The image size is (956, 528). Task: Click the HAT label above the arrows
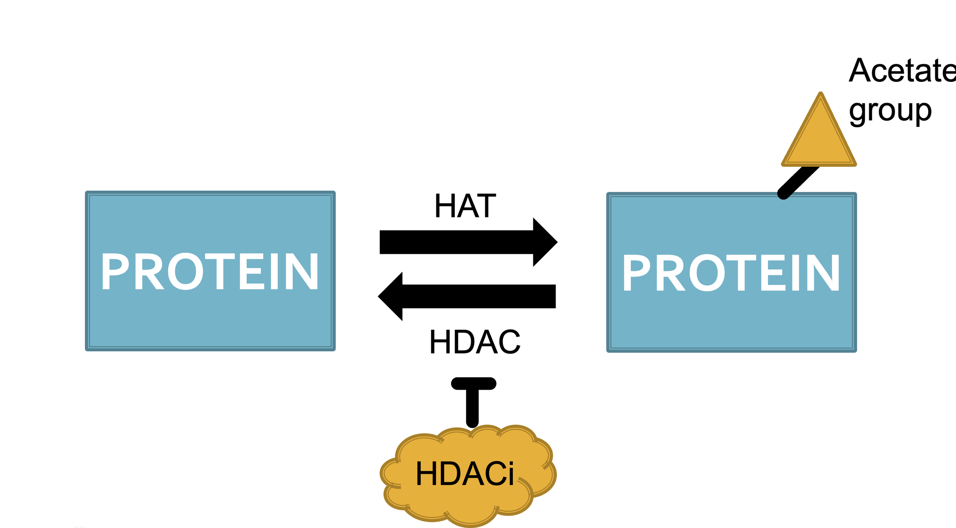[465, 206]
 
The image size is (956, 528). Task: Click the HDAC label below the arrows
[475, 342]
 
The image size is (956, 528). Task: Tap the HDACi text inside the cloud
[465, 474]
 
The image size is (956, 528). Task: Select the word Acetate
[902, 70]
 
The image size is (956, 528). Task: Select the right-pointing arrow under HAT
[468, 242]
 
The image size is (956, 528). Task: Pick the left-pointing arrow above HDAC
[467, 296]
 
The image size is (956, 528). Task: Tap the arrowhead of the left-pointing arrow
[390, 296]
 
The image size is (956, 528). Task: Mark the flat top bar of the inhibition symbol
[474, 383]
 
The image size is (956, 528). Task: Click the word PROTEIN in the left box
[210, 271]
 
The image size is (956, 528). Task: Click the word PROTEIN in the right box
[731, 272]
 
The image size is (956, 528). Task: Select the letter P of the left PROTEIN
[115, 271]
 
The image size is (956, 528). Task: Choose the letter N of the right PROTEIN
[823, 273]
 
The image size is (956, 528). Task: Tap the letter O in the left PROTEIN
[186, 271]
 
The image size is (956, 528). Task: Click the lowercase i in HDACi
[511, 474]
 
